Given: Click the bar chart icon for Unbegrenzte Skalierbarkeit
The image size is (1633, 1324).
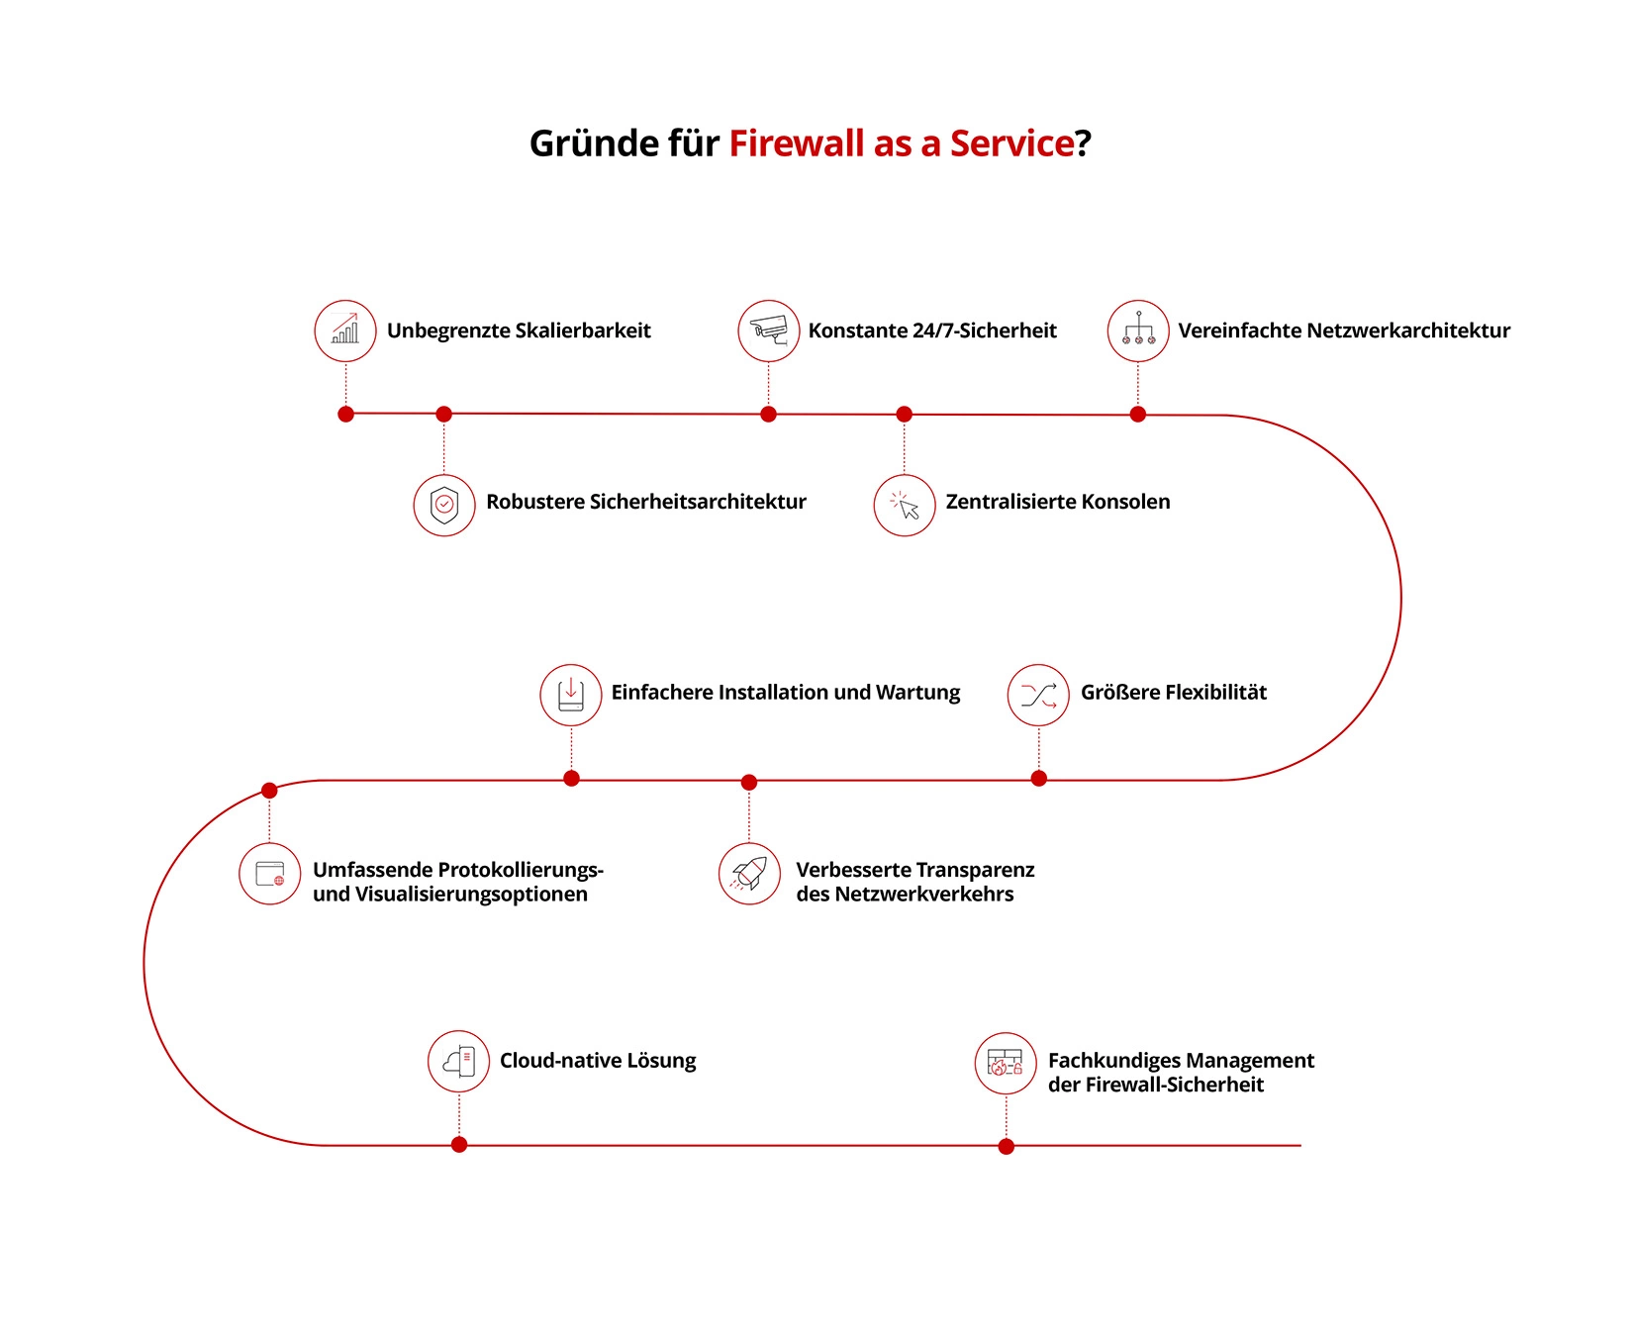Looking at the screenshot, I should click(x=345, y=331).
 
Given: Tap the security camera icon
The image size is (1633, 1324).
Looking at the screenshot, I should click(x=769, y=331).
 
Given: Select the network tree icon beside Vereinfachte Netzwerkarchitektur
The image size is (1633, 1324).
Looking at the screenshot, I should click(x=1138, y=331).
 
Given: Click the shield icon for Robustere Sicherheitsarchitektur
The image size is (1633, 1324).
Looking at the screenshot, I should click(x=444, y=506).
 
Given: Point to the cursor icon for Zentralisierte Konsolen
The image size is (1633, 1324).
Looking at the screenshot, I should click(x=905, y=506).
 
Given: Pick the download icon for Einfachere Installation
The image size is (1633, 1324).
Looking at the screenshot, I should click(x=571, y=695).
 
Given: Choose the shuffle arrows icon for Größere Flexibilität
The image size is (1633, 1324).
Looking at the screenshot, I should click(x=1038, y=695).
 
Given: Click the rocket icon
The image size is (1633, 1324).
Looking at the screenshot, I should click(x=749, y=874).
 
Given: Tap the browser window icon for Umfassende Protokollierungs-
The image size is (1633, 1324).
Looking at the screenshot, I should click(x=270, y=874).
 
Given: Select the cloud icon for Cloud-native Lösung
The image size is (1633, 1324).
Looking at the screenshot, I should click(x=458, y=1062).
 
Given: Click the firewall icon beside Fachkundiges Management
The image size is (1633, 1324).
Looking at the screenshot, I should click(x=1006, y=1064).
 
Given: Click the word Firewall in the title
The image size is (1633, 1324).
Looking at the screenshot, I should click(x=797, y=143).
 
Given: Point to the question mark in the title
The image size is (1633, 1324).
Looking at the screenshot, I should click(x=1084, y=143).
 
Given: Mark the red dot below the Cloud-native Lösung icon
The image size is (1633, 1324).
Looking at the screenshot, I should click(x=459, y=1145).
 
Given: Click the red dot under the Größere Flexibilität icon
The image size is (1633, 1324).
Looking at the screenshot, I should click(x=1039, y=779).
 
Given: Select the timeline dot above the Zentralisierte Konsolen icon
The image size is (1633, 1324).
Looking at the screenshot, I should click(x=904, y=415).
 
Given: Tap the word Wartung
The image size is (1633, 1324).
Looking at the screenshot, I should click(x=917, y=693).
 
